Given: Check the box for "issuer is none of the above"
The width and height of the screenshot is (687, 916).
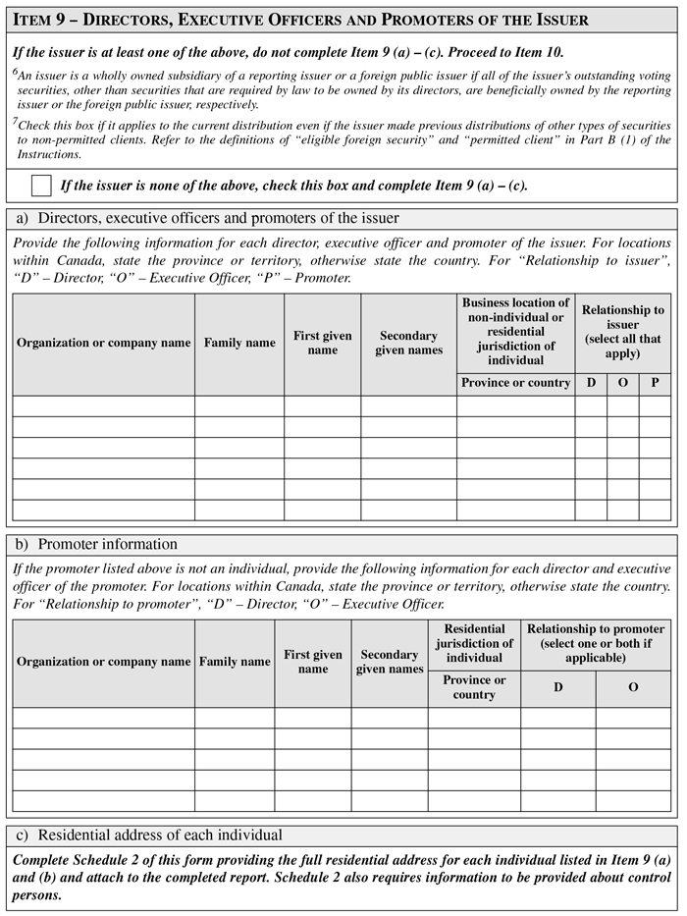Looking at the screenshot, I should coord(41,185).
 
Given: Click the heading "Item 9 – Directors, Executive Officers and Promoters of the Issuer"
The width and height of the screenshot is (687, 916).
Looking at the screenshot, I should coord(300,20).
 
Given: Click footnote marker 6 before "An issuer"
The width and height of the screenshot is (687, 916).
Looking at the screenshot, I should coord(16,73).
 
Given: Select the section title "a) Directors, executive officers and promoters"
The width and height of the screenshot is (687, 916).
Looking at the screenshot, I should coord(206,218).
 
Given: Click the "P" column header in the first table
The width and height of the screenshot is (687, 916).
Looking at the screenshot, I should coord(655,383).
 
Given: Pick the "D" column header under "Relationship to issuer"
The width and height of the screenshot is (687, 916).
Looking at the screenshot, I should coord(591,383).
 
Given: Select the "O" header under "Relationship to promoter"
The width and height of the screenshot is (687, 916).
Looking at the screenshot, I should coord(633,687).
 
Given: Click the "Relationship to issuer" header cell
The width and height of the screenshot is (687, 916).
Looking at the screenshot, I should coord(622,332).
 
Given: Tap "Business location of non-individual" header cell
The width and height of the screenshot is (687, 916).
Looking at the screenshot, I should coord(515,332).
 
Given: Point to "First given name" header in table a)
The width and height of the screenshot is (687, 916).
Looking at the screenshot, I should coord(322,343).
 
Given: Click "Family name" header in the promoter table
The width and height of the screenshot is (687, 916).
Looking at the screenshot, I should coord(235,662).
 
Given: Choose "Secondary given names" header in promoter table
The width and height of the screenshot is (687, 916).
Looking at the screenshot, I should coord(389,662).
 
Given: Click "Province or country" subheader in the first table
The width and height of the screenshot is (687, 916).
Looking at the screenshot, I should coord(515,383).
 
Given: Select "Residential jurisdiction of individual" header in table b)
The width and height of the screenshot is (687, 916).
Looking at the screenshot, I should coord(474,643).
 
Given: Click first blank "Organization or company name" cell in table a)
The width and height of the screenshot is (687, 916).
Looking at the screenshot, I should coord(103,405).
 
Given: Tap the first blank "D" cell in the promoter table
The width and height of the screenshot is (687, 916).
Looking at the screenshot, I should coord(557,718).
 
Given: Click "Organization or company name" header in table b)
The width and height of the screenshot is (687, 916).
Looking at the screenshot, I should coord(103,662).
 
